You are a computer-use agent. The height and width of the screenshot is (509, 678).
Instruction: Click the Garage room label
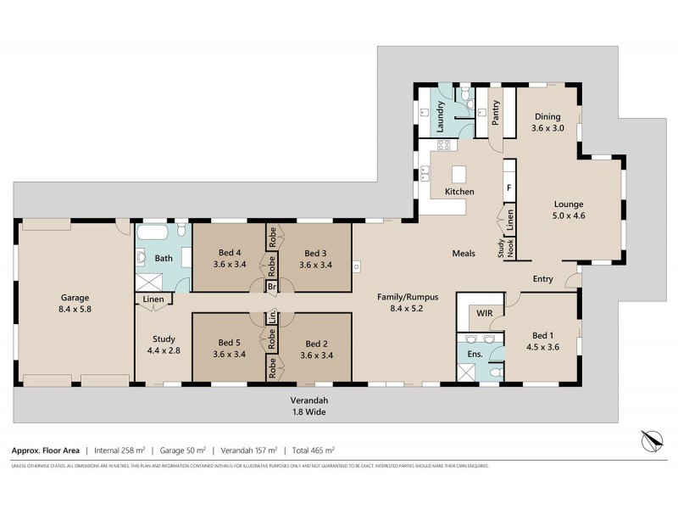pos(75,298)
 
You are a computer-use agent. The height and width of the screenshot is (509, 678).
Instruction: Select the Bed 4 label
pos(230,253)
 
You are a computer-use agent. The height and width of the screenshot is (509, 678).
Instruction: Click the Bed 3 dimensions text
pos(316,265)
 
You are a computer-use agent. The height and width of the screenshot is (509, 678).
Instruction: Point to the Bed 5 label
pos(230,343)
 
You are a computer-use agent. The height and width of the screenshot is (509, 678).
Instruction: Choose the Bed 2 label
pos(316,343)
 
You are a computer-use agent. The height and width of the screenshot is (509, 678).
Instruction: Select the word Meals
pos(463,254)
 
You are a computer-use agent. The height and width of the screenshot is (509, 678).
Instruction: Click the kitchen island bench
pos(458,175)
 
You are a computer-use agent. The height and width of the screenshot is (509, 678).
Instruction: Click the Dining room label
pos(547,117)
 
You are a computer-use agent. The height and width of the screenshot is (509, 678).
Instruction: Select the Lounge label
pos(570,204)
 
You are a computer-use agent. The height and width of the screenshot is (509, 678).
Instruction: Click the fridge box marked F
pos(509,187)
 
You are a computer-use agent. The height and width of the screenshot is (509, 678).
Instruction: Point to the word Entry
pos(543,279)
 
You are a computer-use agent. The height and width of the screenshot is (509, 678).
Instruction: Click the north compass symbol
pos(649,442)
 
